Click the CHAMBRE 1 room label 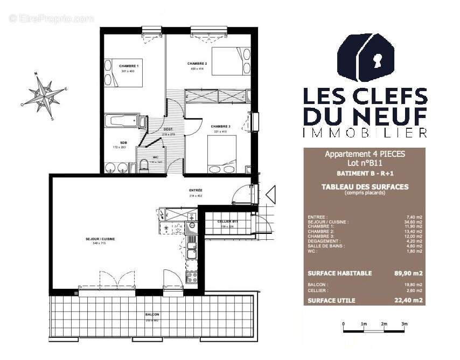129,66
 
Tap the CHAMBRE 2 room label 197,63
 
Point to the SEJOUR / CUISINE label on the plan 101,239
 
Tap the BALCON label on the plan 152,315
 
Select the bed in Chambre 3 222,153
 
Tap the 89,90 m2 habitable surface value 408,273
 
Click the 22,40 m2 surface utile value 408,300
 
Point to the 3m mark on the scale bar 405,324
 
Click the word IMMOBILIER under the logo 365,133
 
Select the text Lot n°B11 365,162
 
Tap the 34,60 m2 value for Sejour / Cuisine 413,221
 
